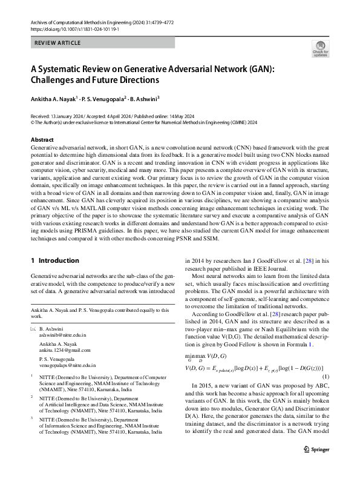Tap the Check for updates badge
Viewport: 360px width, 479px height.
[320, 49]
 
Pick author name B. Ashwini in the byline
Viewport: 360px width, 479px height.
[142, 98]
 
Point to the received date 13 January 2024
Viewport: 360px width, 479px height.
[68, 115]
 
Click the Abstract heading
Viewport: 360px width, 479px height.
[42, 139]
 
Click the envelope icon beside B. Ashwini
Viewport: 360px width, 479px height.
[33, 328]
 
